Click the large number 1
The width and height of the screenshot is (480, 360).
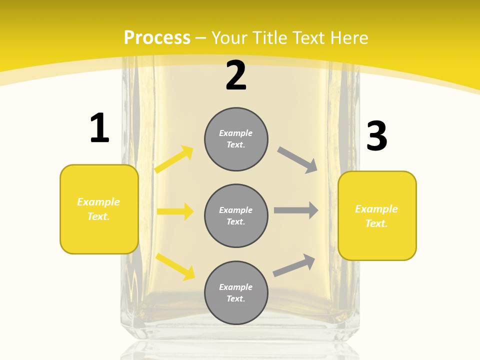99,128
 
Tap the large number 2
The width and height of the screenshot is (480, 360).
236,75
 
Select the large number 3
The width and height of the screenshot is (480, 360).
376,136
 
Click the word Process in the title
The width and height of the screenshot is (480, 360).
157,37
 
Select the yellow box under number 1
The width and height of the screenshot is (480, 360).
99,209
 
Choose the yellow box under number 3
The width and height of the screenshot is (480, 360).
377,215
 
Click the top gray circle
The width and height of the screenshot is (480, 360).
236,139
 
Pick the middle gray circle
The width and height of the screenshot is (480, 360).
236,215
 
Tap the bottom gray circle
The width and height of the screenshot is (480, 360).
236,292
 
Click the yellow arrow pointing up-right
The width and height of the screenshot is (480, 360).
174,159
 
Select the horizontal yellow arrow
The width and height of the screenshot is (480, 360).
175,211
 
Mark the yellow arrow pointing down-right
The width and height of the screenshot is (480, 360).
175,266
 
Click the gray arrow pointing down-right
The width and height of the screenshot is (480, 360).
297,160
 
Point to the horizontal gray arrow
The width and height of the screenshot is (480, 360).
296,210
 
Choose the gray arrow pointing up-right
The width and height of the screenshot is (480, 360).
294,265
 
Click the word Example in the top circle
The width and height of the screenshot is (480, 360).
236,133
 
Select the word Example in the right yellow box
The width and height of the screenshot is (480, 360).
376,209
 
